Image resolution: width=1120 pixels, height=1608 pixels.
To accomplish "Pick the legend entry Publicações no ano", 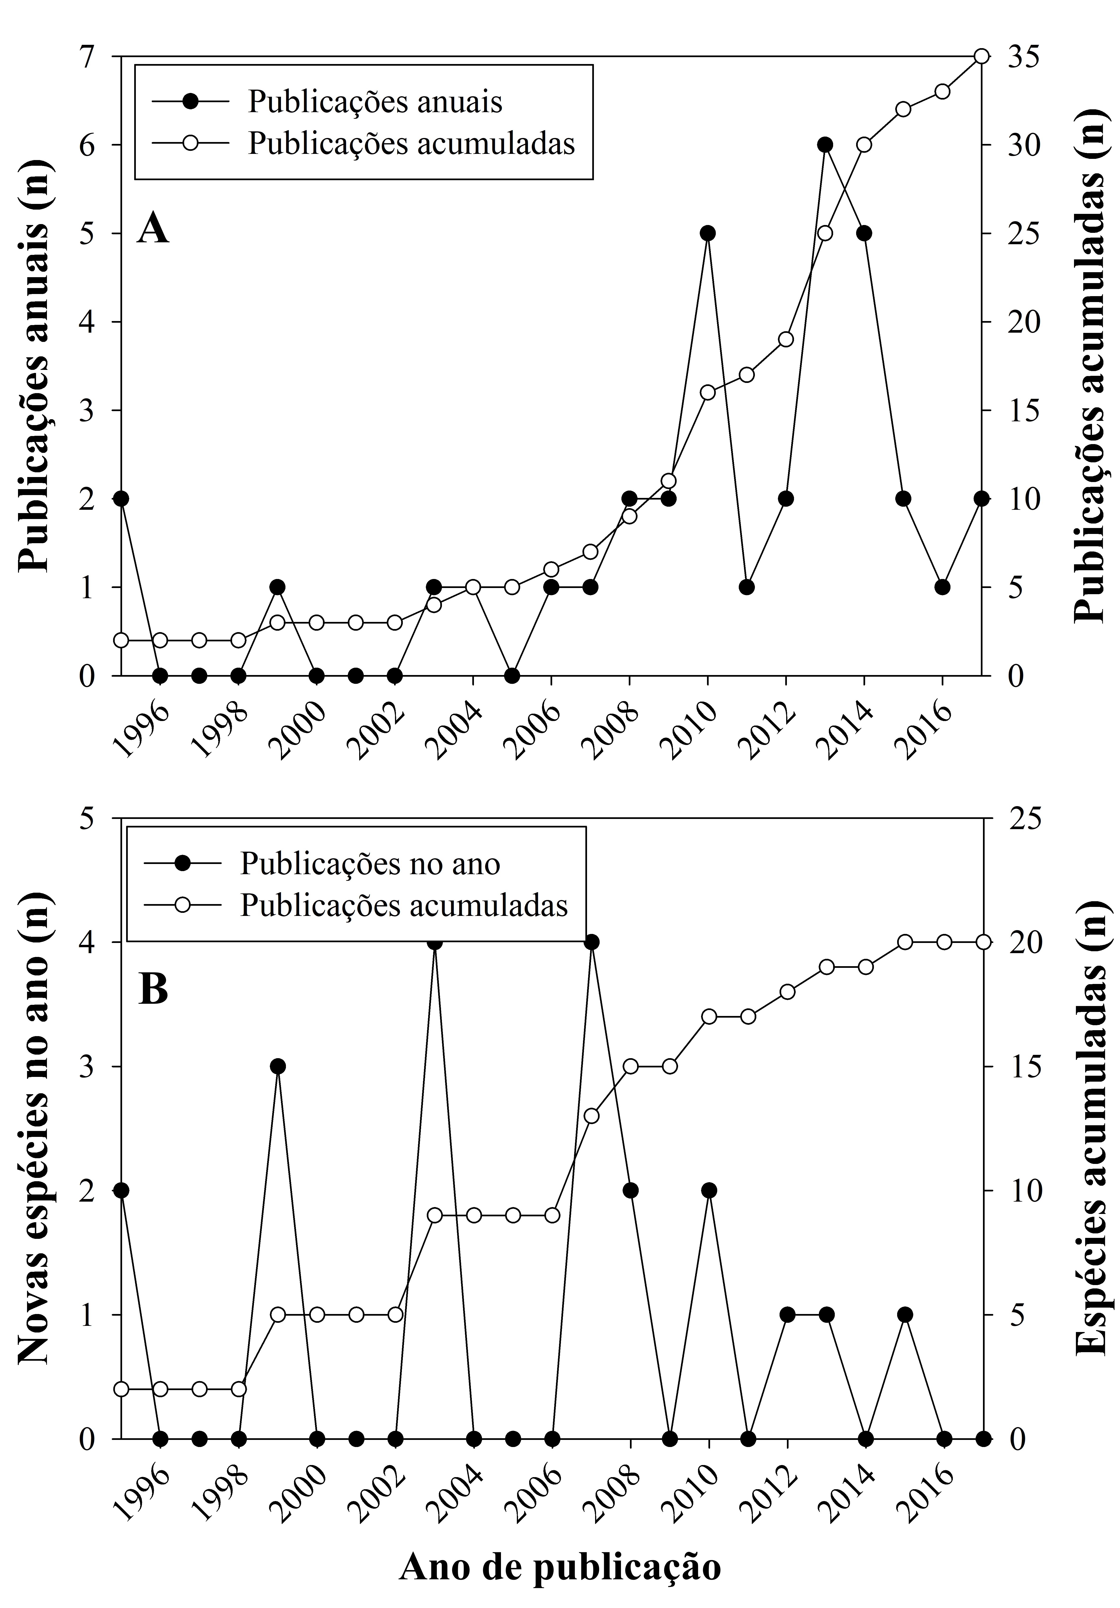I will pyautogui.click(x=370, y=864).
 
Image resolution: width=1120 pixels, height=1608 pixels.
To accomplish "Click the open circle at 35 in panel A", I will pyautogui.click(x=982, y=57).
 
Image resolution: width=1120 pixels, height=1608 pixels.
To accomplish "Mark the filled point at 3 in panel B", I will pyautogui.click(x=277, y=1067).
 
